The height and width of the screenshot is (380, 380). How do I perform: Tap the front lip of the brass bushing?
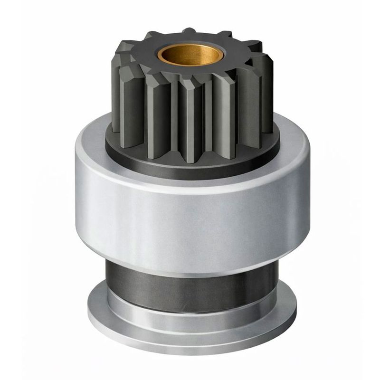click(x=190, y=62)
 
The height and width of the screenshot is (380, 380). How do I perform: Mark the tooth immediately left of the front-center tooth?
click(x=157, y=112)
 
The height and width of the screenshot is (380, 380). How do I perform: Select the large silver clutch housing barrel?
click(x=190, y=214)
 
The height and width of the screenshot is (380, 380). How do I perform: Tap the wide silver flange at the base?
click(x=190, y=332)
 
